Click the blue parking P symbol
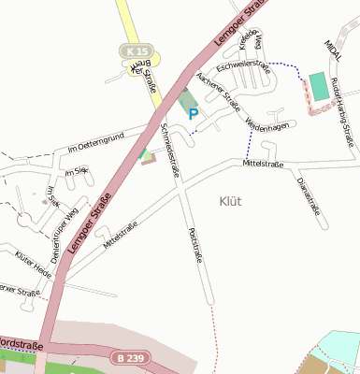click(194, 114)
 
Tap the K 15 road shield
click(137, 49)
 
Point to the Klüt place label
click(230, 200)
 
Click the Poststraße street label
click(194, 245)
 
